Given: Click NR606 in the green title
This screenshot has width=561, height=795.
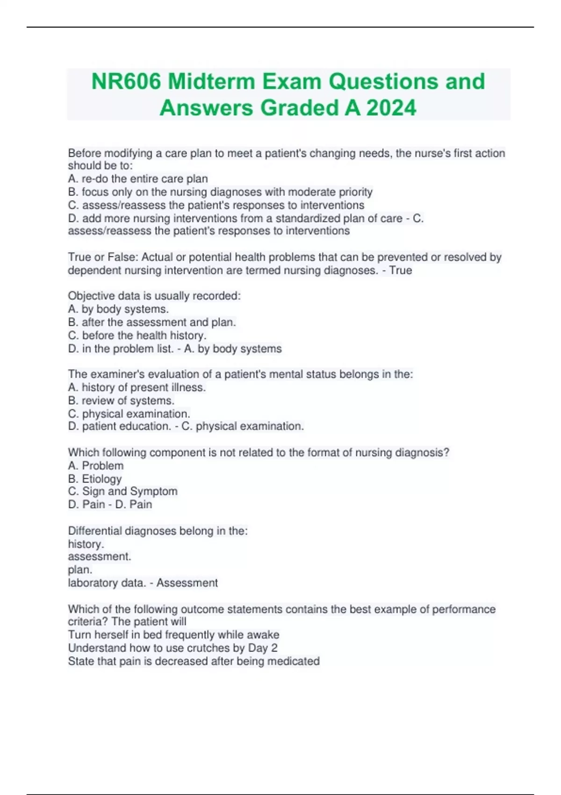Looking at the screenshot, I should pyautogui.click(x=126, y=82).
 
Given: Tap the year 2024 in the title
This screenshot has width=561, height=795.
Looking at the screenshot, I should pyautogui.click(x=391, y=108).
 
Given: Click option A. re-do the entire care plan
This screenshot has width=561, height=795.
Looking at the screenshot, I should pyautogui.click(x=138, y=179).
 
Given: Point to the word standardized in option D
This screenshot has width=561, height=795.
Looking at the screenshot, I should pyautogui.click(x=307, y=218).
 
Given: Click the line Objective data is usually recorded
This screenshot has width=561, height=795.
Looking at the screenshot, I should pyautogui.click(x=154, y=296).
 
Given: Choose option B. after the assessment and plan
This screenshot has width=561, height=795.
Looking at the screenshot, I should pyautogui.click(x=152, y=322).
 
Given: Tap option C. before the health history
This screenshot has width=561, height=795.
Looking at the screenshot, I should pyautogui.click(x=137, y=335).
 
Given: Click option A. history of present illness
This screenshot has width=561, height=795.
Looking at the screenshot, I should pyautogui.click(x=137, y=387).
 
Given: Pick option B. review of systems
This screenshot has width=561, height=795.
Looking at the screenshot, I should pyautogui.click(x=121, y=400).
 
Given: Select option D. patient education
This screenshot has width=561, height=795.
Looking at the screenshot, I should pyautogui.click(x=119, y=426).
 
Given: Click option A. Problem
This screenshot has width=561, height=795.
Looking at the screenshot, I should pyautogui.click(x=96, y=466).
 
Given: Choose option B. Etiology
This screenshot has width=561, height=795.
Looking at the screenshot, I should pyautogui.click(x=95, y=479).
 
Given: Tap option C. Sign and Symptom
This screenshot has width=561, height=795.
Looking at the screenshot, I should pyautogui.click(x=122, y=491).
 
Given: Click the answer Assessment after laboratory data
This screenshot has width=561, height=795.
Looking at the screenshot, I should pyautogui.click(x=187, y=583).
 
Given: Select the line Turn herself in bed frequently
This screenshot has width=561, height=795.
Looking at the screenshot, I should pyautogui.click(x=173, y=635).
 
